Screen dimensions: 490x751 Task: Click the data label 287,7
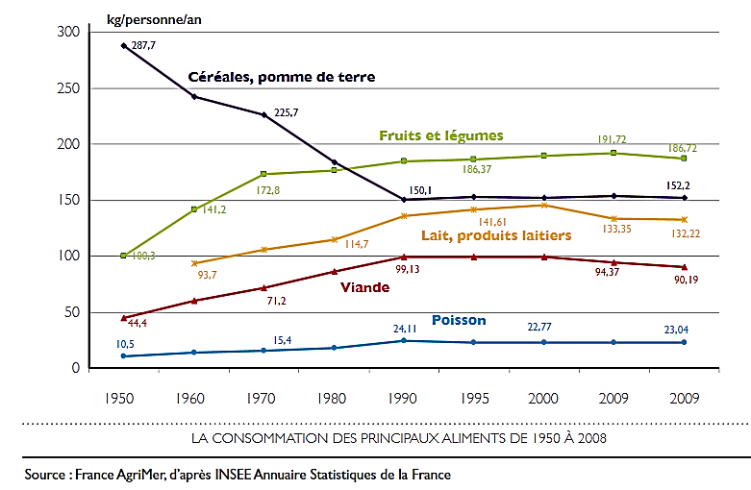144,45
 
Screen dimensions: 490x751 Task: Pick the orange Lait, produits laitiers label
496,235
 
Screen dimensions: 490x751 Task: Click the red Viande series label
365,286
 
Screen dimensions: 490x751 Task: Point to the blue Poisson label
459,320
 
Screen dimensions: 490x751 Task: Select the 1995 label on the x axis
473,397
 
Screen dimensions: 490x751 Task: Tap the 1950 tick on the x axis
123,397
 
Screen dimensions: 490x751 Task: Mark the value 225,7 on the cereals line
287,112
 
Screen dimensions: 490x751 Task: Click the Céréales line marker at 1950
123,45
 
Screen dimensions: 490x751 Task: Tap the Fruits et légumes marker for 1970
263,174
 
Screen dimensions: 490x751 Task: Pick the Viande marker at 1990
403,257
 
